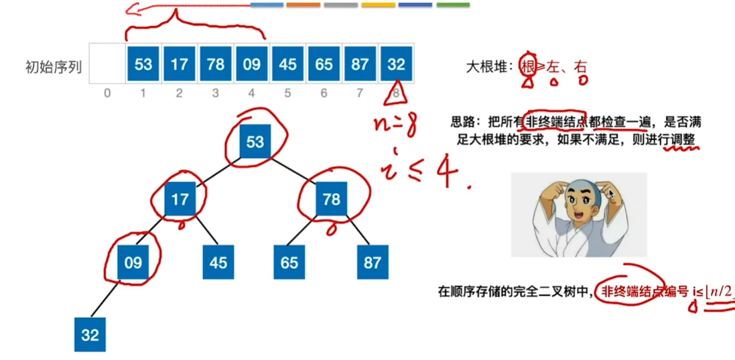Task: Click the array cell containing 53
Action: (143, 64)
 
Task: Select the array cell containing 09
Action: (251, 64)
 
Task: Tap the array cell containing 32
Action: (396, 64)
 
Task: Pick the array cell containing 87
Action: (360, 64)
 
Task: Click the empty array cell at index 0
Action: (107, 64)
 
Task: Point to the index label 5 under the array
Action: (287, 94)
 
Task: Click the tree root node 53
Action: (255, 141)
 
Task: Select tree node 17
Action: (179, 199)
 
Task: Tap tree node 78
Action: (331, 199)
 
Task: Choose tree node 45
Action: (218, 262)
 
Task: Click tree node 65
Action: (289, 262)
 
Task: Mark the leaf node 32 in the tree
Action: (90, 335)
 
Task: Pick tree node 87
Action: (373, 262)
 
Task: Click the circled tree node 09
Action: (133, 262)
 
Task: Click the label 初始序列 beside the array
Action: (53, 66)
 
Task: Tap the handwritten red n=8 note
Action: (398, 125)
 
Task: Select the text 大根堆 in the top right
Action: (488, 66)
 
